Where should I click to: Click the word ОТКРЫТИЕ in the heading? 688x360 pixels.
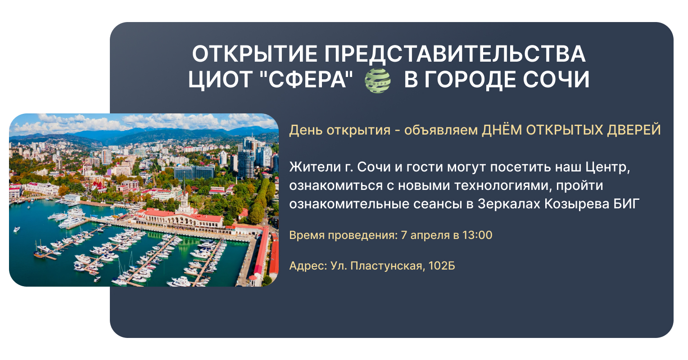coord(254,54)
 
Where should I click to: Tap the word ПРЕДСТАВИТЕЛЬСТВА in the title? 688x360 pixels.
coord(455,54)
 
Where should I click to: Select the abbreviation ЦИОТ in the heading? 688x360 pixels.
coord(220,80)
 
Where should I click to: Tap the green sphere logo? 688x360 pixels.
coord(377,81)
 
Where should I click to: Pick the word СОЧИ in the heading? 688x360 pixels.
coord(556,80)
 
